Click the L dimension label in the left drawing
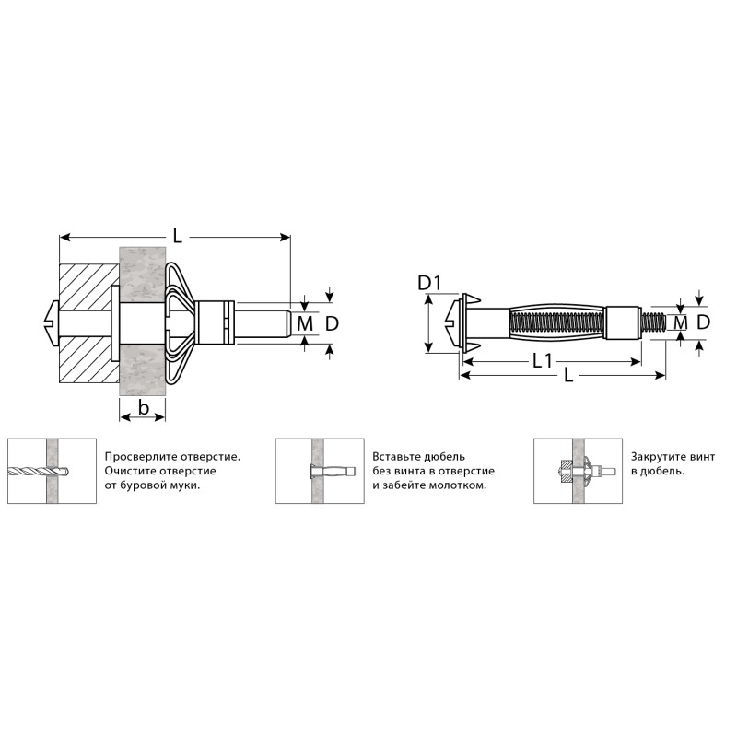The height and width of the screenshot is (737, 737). pyautogui.click(x=177, y=235)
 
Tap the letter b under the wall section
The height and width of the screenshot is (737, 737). pyautogui.click(x=144, y=407)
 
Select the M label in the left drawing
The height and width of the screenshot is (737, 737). pyautogui.click(x=305, y=323)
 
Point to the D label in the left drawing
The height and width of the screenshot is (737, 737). pyautogui.click(x=332, y=323)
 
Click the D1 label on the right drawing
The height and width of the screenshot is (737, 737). pyautogui.click(x=430, y=283)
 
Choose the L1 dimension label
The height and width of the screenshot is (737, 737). pyautogui.click(x=542, y=361)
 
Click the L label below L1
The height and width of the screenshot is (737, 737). pyautogui.click(x=568, y=375)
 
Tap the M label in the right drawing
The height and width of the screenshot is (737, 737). pyautogui.click(x=680, y=323)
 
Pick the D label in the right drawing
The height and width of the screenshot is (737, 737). pyautogui.click(x=703, y=322)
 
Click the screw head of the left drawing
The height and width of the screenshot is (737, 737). pyautogui.click(x=51, y=323)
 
